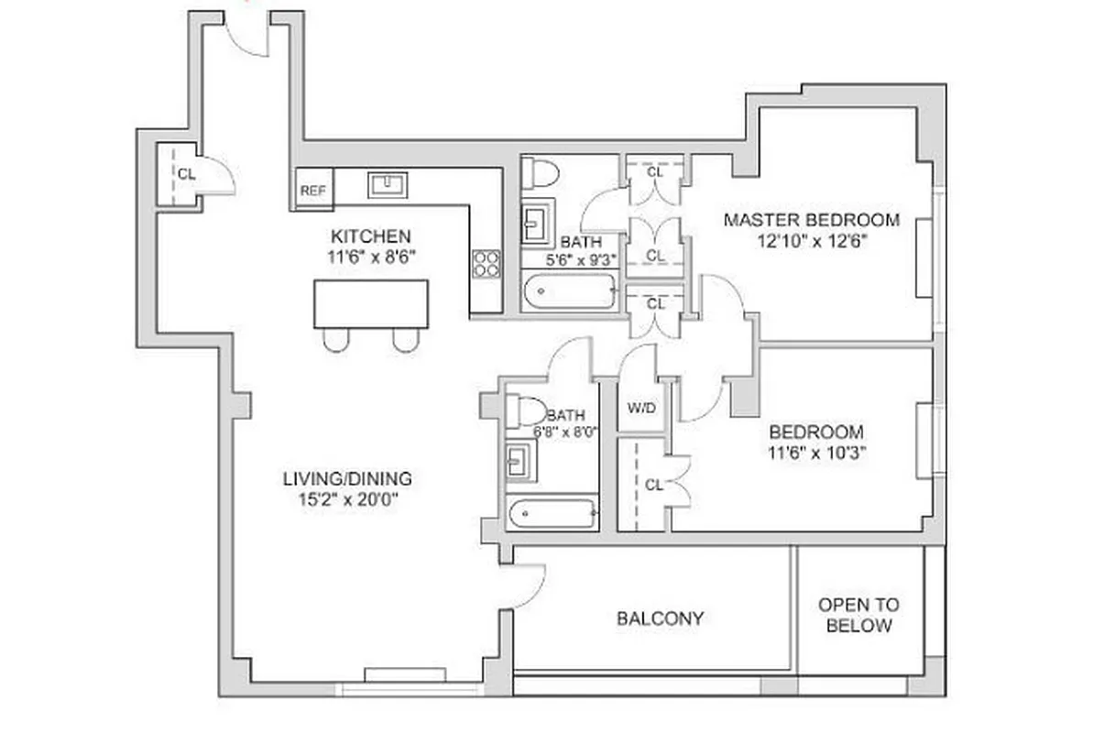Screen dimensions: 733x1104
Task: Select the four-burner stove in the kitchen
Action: coord(486,264)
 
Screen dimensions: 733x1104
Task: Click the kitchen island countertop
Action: coord(370,304)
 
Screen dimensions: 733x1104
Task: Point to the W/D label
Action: coord(640,407)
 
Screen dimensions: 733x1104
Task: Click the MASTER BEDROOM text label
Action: coord(811,220)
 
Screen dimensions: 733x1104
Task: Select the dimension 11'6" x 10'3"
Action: coord(814,452)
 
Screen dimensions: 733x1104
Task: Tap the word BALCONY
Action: coord(660,618)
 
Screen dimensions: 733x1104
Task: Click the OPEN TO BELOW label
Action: coord(858,616)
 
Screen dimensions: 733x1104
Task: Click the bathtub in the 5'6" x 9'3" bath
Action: coord(569,292)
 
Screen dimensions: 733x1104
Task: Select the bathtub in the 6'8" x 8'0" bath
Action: coord(553,514)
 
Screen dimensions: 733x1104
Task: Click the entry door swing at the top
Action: coord(246,38)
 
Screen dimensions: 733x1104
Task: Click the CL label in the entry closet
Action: coord(186,174)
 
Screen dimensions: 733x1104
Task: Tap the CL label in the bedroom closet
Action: coord(653,486)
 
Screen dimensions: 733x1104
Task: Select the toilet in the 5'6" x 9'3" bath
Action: coord(542,172)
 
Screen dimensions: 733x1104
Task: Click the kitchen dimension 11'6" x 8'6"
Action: coord(372,257)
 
